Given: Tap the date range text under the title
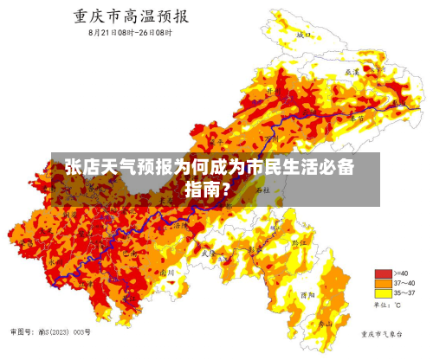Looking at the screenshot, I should click(130, 33).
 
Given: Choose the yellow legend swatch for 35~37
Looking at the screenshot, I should click(381, 293).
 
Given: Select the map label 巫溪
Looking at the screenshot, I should click(351, 73).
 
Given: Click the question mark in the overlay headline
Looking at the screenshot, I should click(226, 188).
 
